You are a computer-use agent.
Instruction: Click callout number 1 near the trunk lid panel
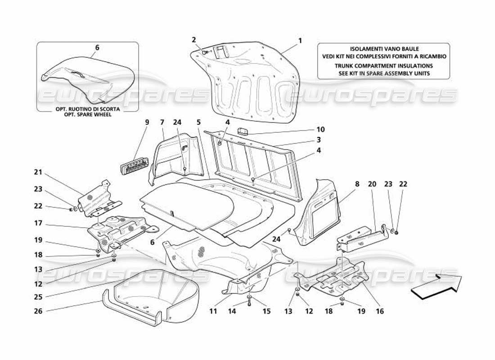coord(300,40)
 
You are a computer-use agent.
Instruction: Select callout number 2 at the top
coord(194,40)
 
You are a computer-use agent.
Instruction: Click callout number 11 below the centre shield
coord(212,310)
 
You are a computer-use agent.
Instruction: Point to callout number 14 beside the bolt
coord(231,310)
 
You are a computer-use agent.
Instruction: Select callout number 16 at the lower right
coord(380,310)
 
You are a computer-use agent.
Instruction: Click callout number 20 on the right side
coord(372,184)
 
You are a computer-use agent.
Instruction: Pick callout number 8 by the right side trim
coord(357,184)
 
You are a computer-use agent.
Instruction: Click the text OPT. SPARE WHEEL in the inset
coord(87,114)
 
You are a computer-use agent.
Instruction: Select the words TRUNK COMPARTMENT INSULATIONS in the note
coord(383,66)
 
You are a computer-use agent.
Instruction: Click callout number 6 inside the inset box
coord(97,47)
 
